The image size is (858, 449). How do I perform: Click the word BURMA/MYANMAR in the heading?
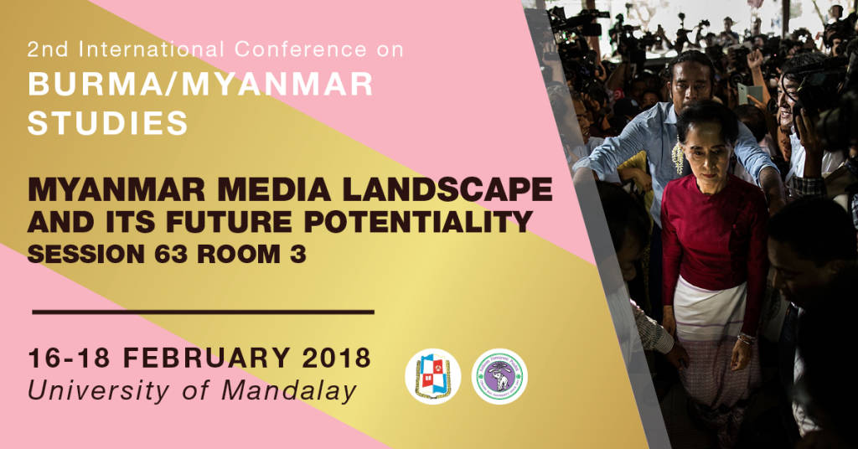pos(200,85)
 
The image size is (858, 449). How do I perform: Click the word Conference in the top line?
pos(301,49)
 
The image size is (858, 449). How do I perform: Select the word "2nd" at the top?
pos(48,49)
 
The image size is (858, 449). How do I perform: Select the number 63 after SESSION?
pos(171,254)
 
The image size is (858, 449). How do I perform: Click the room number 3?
pos(298,254)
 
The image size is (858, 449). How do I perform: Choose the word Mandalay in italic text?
pos(289,391)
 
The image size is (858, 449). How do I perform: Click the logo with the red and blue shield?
pos(433,376)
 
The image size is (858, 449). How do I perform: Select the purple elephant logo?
pos(499,376)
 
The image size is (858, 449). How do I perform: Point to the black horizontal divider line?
pos(203,312)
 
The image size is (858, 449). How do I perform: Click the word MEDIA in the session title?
pos(272,189)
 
